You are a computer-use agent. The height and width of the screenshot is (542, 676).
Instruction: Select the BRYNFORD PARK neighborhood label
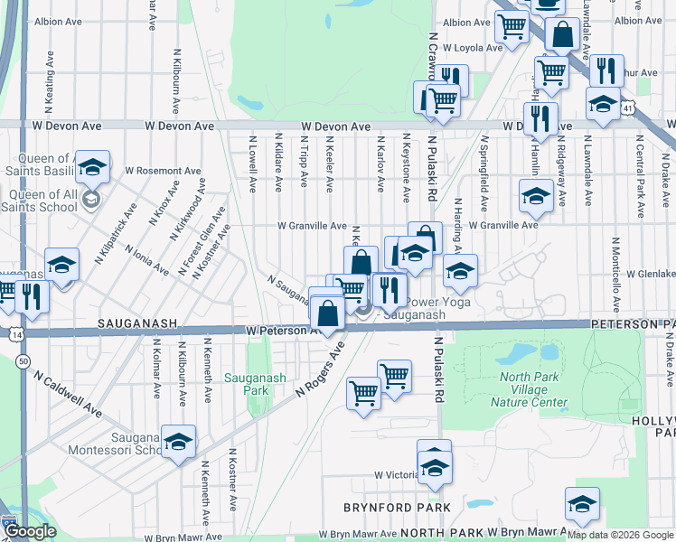397,508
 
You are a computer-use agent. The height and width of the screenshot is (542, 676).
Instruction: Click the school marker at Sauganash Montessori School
178,442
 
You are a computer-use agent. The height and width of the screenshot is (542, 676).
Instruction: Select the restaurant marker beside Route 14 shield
32,295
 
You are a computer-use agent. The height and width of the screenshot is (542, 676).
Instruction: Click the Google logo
29,532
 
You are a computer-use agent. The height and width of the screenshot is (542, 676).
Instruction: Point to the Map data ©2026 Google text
620,535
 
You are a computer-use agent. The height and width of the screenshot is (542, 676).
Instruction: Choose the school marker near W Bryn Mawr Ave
582,505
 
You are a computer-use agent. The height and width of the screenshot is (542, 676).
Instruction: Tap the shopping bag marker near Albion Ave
562,35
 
